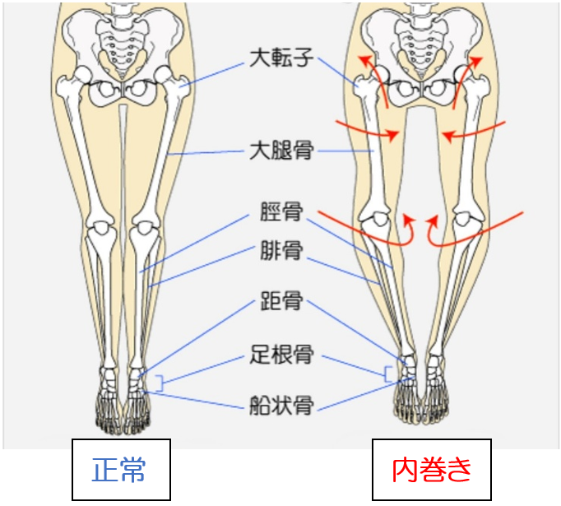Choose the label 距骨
point(280,301)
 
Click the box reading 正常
point(120,470)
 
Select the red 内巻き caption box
point(432,470)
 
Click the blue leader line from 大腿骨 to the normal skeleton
point(206,153)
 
